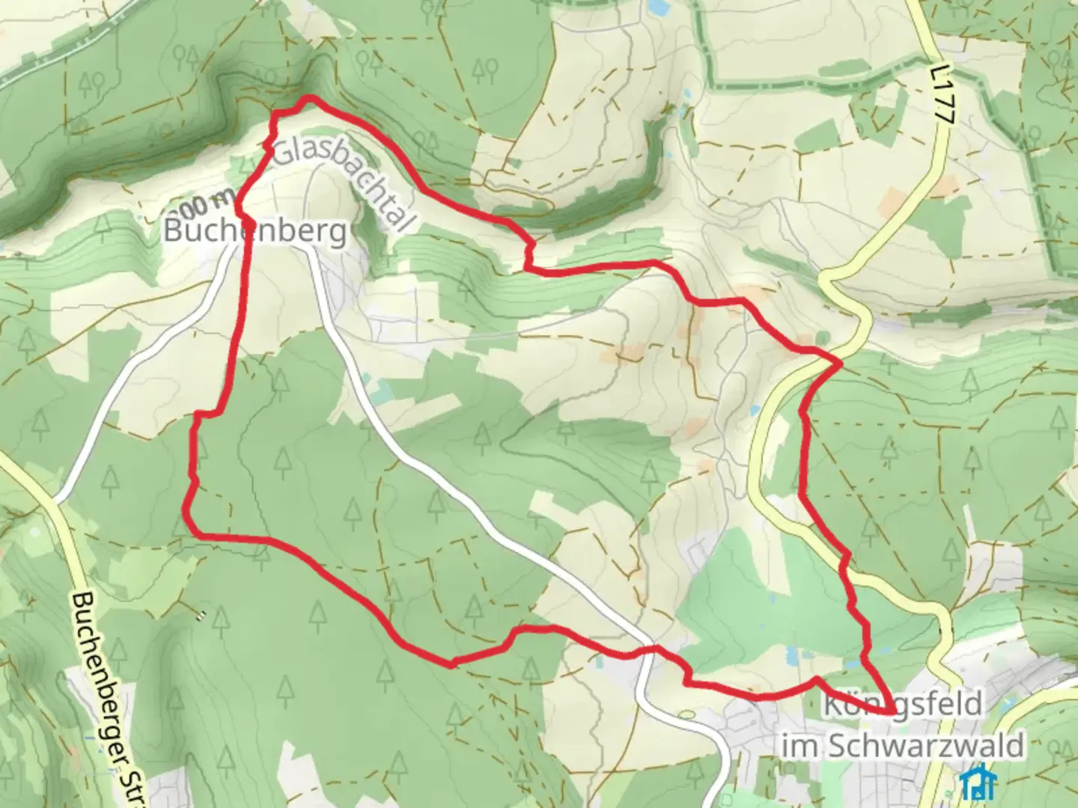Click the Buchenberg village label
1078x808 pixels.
255,231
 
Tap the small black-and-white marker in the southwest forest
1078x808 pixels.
200,616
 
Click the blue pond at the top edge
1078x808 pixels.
658,7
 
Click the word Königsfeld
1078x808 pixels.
902,705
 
